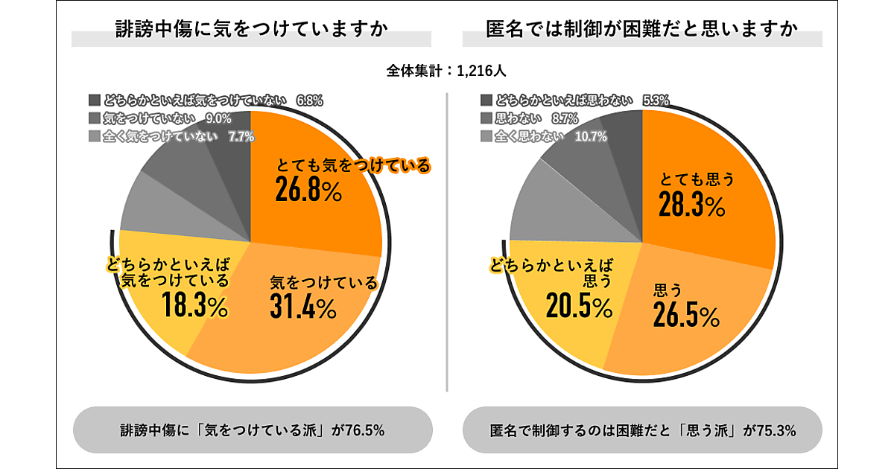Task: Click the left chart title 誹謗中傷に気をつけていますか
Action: [x=251, y=31]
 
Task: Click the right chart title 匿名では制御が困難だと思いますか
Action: [x=641, y=31]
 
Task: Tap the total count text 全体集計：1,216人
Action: [x=447, y=71]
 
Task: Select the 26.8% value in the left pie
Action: [x=308, y=191]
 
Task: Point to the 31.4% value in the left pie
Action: [x=303, y=305]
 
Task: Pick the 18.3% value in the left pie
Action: [x=194, y=305]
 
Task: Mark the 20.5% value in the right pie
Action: [x=580, y=304]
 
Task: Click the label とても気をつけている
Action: [x=353, y=165]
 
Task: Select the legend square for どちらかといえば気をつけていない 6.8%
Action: [x=94, y=100]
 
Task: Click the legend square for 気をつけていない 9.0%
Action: [x=94, y=118]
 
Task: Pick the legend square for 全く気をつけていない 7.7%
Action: [x=94, y=136]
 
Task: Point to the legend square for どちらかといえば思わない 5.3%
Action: [x=486, y=100]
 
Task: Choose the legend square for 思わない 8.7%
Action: [x=486, y=118]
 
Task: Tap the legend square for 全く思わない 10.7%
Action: [x=486, y=136]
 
